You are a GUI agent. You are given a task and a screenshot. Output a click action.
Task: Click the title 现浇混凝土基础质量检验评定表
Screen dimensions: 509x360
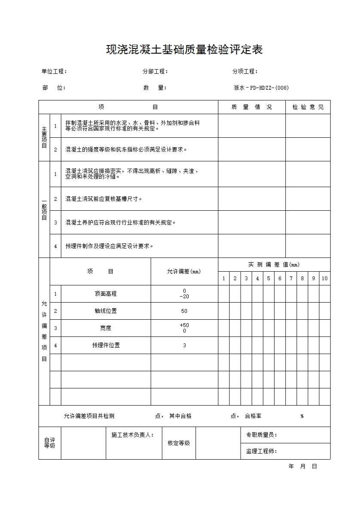184,50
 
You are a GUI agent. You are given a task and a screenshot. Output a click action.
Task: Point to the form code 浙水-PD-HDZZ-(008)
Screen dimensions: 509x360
261,88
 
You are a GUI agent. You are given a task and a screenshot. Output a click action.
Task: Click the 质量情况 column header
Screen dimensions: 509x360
251,107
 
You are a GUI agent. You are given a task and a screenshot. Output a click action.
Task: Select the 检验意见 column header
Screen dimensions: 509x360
308,107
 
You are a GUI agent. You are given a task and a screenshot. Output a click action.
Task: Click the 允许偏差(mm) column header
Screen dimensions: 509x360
184,272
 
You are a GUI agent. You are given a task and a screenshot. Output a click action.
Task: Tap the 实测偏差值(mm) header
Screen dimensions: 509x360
274,265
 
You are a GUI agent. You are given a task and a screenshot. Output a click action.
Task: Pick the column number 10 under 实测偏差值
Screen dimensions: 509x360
324,279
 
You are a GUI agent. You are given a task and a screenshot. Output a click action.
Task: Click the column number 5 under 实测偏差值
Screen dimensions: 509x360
268,279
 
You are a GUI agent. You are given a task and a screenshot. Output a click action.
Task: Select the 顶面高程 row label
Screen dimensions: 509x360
106,294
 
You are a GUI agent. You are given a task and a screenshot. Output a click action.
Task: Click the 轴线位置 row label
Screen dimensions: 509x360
106,311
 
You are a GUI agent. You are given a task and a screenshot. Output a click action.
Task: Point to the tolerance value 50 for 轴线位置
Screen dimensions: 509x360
184,311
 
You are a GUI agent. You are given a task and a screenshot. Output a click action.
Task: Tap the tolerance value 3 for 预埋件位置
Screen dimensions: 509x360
184,345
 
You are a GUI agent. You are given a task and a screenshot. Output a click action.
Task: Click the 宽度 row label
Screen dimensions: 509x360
106,328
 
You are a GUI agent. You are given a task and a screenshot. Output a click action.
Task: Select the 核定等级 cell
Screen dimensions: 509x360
179,443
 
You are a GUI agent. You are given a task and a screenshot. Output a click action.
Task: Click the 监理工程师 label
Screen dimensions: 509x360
261,451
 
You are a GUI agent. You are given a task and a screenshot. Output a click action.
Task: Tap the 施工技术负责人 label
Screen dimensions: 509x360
133,435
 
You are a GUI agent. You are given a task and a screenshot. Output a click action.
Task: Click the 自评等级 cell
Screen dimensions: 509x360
50,443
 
